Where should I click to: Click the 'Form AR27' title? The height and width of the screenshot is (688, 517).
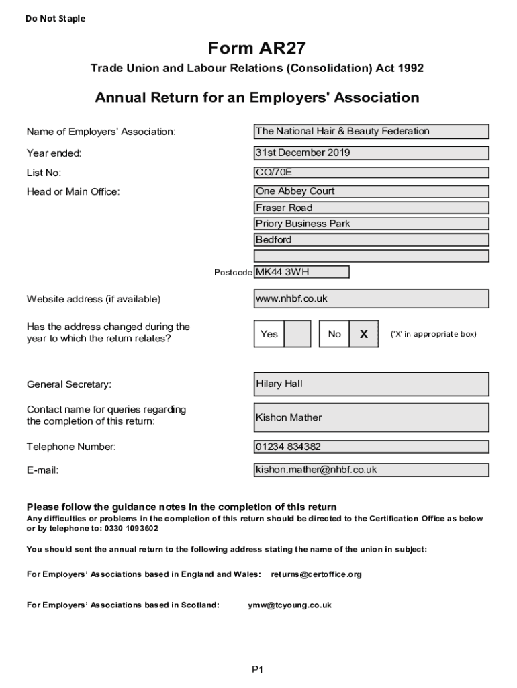(257, 48)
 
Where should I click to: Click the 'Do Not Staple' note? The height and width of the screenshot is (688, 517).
(56, 19)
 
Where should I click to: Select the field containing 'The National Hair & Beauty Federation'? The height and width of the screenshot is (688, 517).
(371, 132)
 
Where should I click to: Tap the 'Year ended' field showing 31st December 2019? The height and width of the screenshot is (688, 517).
(371, 153)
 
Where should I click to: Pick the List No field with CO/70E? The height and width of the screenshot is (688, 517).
(371, 173)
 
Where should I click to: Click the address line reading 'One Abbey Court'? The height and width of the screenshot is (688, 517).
(371, 191)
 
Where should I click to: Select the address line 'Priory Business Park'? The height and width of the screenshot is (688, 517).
(371, 224)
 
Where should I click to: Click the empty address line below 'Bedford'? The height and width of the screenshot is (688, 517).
(371, 256)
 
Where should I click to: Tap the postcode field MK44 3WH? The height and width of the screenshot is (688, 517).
(301, 272)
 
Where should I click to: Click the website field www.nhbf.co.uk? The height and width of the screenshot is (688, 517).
(371, 298)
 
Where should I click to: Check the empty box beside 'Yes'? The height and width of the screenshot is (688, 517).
(297, 334)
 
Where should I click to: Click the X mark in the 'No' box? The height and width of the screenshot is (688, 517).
(364, 334)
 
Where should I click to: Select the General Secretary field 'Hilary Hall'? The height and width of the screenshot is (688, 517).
(371, 384)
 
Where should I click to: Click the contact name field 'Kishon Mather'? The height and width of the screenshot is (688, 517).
(371, 417)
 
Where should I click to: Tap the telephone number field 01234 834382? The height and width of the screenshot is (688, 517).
(371, 447)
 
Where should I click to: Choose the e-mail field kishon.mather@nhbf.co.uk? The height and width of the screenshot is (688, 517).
(371, 470)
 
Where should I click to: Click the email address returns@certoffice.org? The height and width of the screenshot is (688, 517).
(316, 574)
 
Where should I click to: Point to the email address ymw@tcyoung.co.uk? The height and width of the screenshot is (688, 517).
(289, 605)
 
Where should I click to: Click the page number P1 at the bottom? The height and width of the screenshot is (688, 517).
(258, 669)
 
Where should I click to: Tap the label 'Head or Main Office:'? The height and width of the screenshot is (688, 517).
(73, 192)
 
